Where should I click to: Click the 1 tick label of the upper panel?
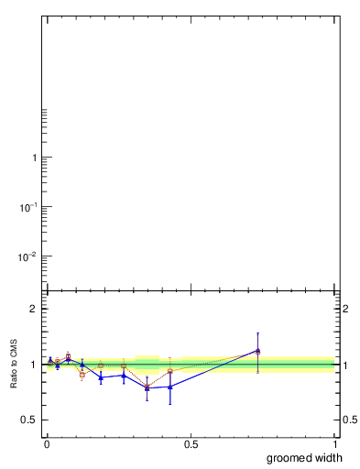[34, 158]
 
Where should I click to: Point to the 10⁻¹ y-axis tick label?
[29, 206]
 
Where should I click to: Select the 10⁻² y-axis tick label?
[29, 255]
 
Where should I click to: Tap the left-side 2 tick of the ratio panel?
[34, 309]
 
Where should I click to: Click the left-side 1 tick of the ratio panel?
[34, 365]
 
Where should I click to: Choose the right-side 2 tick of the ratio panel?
[346, 309]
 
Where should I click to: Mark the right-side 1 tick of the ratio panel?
[346, 365]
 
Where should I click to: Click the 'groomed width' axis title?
[305, 458]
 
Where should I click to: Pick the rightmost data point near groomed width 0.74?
[258, 351]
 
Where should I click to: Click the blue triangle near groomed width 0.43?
[170, 387]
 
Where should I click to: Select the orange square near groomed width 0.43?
[170, 371]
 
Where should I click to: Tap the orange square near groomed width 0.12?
[82, 374]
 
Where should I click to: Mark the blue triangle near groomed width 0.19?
[101, 376]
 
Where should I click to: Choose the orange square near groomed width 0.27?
[124, 365]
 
